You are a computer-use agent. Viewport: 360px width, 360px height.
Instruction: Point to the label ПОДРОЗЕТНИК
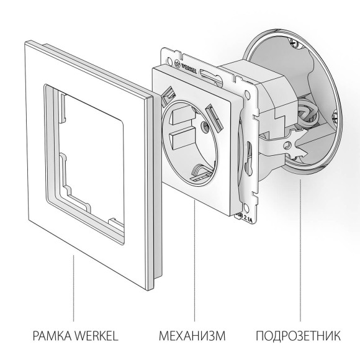click(x=298, y=336)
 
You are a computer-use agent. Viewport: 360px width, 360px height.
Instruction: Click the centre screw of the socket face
click(x=204, y=130)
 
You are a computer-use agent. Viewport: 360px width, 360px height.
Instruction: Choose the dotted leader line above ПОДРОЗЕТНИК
click(x=300, y=248)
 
